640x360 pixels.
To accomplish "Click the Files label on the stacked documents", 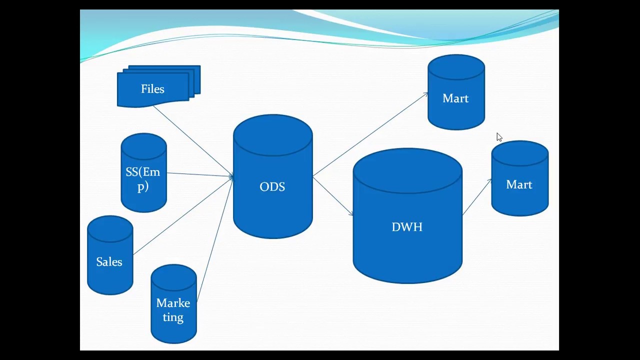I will pyautogui.click(x=152, y=89).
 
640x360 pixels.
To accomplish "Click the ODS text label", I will pyautogui.click(x=272, y=187).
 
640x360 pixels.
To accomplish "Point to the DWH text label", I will pyautogui.click(x=407, y=227).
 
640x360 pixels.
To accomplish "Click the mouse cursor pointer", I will pyautogui.click(x=499, y=137).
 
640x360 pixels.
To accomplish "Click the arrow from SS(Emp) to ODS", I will pyautogui.click(x=200, y=174).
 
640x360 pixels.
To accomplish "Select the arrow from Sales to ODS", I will pyautogui.click(x=182, y=215).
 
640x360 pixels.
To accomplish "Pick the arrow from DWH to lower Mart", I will pyautogui.click(x=477, y=197).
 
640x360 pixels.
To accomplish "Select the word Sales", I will pyautogui.click(x=109, y=262).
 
